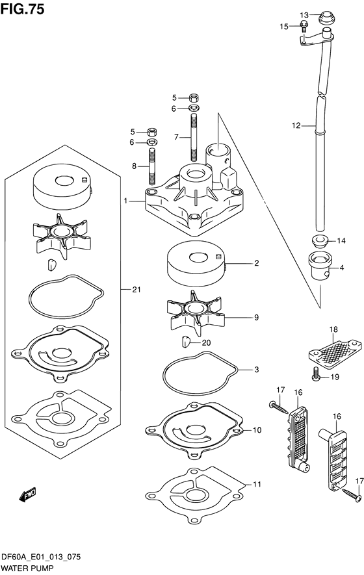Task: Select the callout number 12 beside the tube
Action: click(x=296, y=126)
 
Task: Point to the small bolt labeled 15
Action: click(x=304, y=27)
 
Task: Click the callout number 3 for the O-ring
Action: click(x=257, y=370)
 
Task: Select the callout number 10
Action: click(x=257, y=429)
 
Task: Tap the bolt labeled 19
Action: click(x=317, y=374)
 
